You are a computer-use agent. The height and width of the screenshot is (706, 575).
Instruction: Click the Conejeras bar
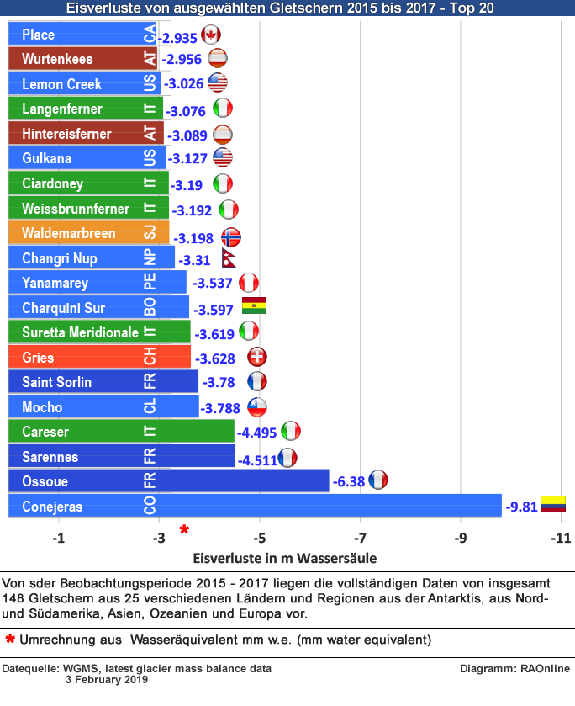(252, 507)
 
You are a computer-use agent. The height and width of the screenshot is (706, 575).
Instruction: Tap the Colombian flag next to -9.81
(552, 505)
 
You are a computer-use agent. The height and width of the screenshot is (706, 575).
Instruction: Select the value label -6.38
(348, 482)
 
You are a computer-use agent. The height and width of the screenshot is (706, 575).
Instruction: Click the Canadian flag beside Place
(211, 35)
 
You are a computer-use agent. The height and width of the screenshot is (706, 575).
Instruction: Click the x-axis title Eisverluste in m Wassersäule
(284, 557)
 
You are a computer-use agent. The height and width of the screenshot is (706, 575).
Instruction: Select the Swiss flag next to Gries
(257, 357)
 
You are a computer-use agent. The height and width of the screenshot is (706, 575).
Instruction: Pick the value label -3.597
(214, 309)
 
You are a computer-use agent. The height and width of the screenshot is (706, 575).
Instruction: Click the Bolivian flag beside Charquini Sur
(254, 305)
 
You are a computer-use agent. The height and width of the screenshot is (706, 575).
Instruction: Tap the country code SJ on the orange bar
(150, 233)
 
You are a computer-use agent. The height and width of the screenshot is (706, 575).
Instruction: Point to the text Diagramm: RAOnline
(514, 669)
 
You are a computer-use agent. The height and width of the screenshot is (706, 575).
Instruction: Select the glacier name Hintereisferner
(66, 134)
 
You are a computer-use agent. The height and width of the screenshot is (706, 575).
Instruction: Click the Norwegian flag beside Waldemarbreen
(230, 237)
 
